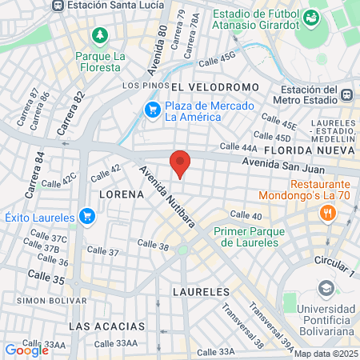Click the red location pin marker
click(181, 163)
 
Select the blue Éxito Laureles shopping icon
click(87, 216)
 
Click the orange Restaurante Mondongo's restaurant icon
click(326, 212)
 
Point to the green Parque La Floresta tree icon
click(99, 36)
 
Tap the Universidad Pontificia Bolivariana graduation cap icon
click(326, 287)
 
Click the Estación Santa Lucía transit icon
click(57, 5)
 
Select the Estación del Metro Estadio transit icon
click(346, 94)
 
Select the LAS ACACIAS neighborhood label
click(107, 326)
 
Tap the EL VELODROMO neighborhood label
click(215, 86)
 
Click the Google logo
click(26, 350)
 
